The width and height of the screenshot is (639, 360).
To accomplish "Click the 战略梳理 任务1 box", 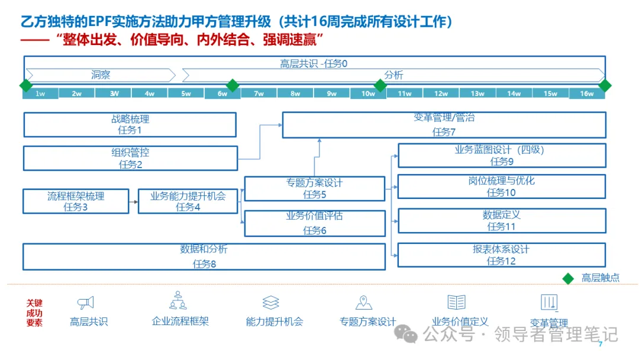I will coord(130,124).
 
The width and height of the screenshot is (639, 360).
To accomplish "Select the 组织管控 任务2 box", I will coord(130,158).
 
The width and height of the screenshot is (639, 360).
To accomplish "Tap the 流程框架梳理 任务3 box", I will coord(76,201).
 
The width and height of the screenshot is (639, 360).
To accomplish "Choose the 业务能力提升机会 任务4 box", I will coord(188,201).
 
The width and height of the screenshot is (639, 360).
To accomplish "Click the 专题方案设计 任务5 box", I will coord(315,188).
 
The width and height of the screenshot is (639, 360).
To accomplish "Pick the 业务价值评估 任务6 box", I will coord(315,223).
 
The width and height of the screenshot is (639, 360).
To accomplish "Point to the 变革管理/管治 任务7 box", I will coord(444,125).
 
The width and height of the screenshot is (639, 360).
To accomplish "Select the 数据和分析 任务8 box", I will coord(204,256).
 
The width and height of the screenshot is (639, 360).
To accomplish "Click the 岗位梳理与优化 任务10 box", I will coord(502,186).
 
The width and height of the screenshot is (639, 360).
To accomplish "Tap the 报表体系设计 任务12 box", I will coord(502,255).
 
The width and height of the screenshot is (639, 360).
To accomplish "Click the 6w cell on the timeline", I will coord(222,94).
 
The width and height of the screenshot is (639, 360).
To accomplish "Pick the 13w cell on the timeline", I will coord(477,94).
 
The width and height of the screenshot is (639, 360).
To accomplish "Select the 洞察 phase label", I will coord(101,75).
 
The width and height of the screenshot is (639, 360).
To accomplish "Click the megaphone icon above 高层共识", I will coord(86,303).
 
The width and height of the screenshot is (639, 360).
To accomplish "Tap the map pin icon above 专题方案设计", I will coord(364,303).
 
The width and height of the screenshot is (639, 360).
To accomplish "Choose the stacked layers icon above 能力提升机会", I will coord(270,303).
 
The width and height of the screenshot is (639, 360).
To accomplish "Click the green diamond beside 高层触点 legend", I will coord(568,278).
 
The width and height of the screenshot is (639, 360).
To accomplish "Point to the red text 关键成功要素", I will coord(34,313).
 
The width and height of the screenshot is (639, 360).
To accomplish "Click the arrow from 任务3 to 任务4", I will coord(133,201).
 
